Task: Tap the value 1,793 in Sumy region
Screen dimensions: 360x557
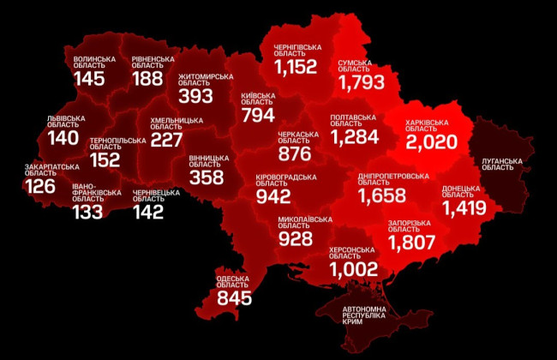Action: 368,83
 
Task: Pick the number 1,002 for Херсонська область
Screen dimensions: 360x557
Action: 354,269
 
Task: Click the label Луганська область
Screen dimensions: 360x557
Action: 498,164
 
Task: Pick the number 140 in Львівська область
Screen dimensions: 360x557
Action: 63,138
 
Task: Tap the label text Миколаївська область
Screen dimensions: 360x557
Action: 305,224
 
